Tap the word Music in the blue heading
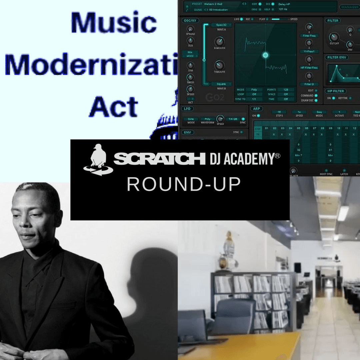pos(114,23)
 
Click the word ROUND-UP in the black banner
pos(184,184)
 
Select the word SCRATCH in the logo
pos(159,159)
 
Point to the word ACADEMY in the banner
pos(250,159)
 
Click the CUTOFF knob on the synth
pos(334,37)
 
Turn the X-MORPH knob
pos(219,42)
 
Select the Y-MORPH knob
pos(219,65)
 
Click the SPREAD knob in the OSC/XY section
pos(190,29)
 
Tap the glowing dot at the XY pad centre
pos(265,55)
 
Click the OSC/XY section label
pos(190,20)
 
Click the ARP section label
pos(256,109)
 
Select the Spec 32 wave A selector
pos(221,25)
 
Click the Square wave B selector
pos(221,84)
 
